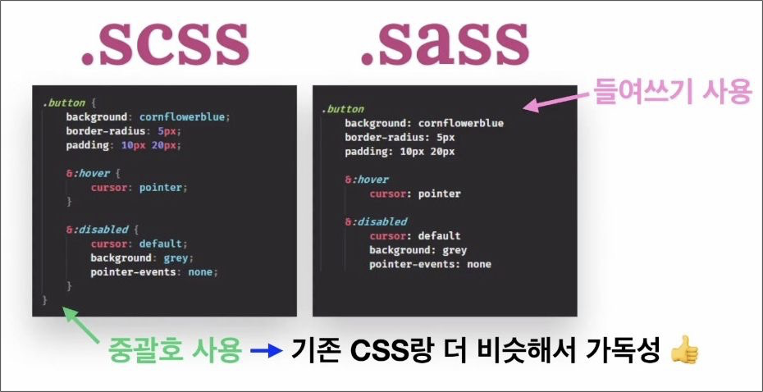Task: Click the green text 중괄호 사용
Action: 175,353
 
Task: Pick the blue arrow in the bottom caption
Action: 266,353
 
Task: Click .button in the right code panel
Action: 342,109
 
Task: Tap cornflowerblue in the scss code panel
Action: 184,117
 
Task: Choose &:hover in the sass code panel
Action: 366,180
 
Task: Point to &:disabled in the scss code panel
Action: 95,230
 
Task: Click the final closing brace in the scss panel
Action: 45,300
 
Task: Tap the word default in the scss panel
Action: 162,244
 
